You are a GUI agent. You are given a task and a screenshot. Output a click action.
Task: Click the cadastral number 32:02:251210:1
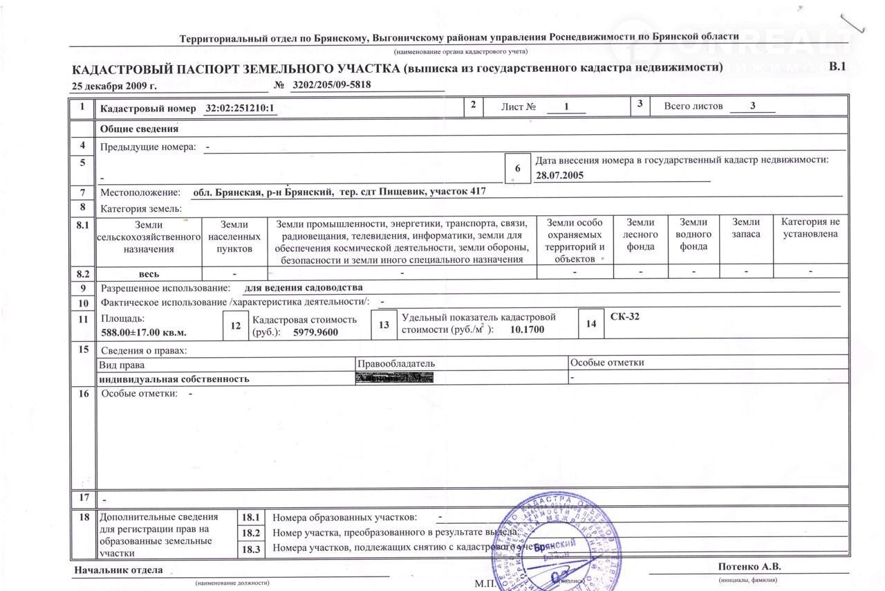click(241, 109)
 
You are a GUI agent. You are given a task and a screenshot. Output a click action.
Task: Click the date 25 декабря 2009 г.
click(114, 87)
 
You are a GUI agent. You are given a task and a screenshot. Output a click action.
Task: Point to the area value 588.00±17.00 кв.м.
click(144, 332)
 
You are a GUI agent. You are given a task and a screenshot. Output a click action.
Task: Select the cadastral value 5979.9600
click(316, 332)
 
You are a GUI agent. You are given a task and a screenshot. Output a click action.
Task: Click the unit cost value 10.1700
click(527, 329)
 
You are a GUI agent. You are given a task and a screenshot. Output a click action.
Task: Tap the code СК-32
click(626, 316)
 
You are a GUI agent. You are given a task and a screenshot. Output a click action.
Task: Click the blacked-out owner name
click(394, 377)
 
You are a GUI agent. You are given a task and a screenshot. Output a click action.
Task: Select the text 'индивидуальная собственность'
click(174, 379)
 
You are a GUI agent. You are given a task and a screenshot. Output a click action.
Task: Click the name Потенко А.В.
click(749, 566)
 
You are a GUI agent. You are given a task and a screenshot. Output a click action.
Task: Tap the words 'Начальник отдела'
click(119, 570)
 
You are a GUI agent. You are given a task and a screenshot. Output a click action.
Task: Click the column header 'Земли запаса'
click(746, 228)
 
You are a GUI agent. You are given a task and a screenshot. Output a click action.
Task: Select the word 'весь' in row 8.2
click(149, 274)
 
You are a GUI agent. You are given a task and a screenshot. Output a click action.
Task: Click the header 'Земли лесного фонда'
click(640, 235)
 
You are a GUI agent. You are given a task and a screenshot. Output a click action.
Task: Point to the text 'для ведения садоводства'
click(304, 287)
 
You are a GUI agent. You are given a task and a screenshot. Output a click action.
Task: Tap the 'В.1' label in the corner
click(837, 66)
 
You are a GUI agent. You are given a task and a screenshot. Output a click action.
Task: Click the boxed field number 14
click(590, 324)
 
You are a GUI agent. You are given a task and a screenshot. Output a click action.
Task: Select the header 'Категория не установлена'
click(810, 228)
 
